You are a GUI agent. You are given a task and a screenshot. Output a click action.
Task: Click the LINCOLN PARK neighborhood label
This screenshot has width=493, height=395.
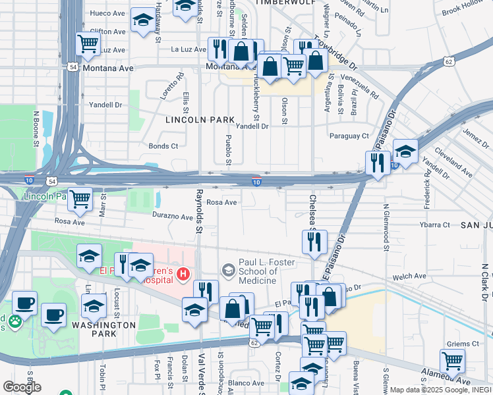pyautogui.click(x=200, y=120)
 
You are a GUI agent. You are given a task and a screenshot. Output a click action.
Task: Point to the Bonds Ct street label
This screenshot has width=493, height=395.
pyautogui.click(x=163, y=146)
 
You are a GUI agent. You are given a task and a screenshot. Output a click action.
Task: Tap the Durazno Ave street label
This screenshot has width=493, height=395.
pyautogui.click(x=171, y=215)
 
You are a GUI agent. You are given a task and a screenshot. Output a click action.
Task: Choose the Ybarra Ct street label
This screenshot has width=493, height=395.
pyautogui.click(x=434, y=224)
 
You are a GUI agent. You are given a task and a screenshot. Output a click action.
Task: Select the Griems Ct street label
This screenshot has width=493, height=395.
pyautogui.click(x=462, y=344)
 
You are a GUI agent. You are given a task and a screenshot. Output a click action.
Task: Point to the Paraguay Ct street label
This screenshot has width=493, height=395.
pyautogui.click(x=349, y=136)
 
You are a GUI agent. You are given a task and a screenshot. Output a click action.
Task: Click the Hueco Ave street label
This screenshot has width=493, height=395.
pyautogui.click(x=107, y=13)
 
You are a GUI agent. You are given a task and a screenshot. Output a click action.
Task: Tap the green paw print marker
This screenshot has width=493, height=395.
pyautogui.click(x=13, y=322)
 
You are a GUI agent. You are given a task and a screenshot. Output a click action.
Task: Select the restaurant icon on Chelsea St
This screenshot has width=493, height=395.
pyautogui.click(x=315, y=242)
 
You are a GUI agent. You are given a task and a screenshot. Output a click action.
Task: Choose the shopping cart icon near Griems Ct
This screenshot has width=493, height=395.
pyautogui.click(x=452, y=360)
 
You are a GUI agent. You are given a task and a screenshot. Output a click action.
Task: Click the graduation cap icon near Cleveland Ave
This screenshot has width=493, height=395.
pyautogui.click(x=405, y=151)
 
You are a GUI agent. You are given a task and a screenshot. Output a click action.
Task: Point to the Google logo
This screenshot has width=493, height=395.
pyautogui.click(x=22, y=386)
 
